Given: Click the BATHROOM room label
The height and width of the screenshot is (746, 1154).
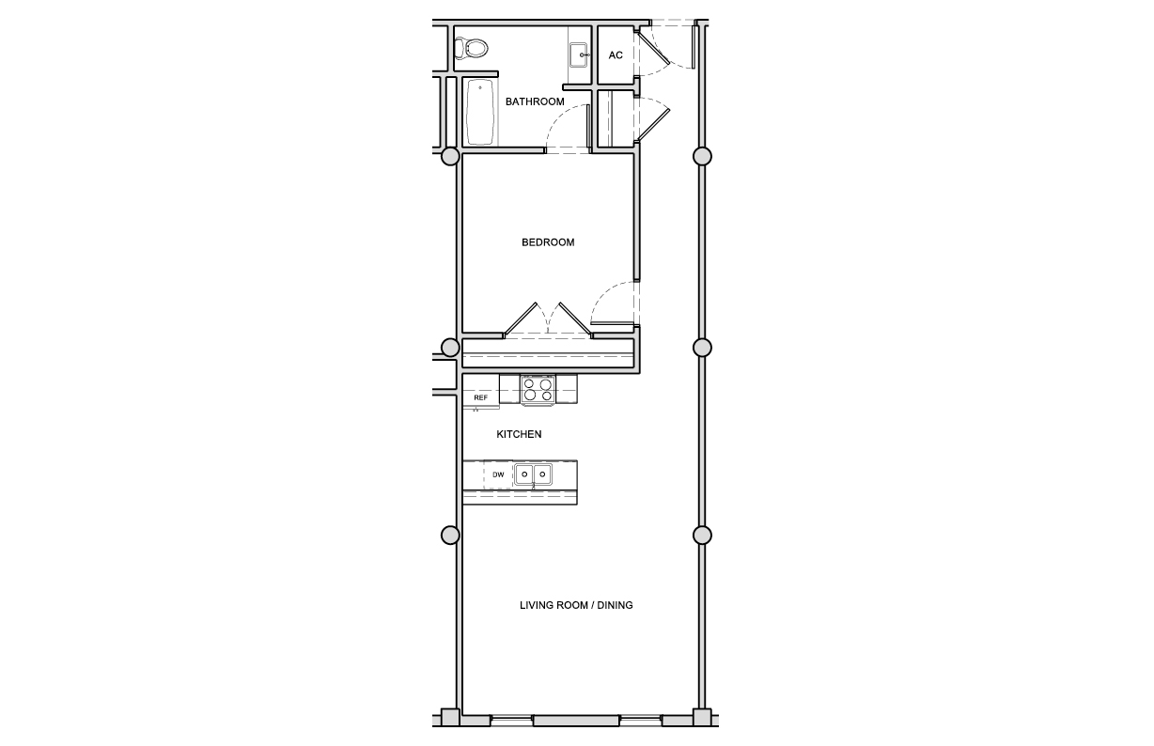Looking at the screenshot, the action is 534,101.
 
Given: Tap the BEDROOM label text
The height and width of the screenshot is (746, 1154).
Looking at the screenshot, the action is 548,242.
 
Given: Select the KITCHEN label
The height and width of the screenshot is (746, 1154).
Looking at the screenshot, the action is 519,434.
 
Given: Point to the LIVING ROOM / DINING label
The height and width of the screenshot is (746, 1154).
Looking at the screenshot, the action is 576,605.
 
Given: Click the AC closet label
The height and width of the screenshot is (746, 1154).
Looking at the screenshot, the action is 616,55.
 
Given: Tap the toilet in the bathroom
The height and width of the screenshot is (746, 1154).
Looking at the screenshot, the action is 471,49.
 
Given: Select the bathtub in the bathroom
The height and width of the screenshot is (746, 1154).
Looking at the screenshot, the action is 480,112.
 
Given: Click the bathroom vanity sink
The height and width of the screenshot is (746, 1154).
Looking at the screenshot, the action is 580,54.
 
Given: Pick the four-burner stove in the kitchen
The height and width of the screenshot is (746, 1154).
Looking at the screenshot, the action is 538,390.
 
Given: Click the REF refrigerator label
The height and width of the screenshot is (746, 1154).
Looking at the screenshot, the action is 480,397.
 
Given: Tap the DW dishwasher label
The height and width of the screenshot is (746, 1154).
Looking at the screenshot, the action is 498,474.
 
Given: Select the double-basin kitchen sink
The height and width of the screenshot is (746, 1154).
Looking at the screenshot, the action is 533,474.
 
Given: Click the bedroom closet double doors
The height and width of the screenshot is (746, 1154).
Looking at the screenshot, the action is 548,320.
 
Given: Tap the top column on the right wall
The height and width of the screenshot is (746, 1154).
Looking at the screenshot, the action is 702,156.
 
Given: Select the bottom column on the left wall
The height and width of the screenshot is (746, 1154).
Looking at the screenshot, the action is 450,536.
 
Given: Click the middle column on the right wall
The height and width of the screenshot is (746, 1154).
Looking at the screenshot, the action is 702,348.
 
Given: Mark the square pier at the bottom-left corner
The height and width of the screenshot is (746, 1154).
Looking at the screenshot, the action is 450,718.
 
